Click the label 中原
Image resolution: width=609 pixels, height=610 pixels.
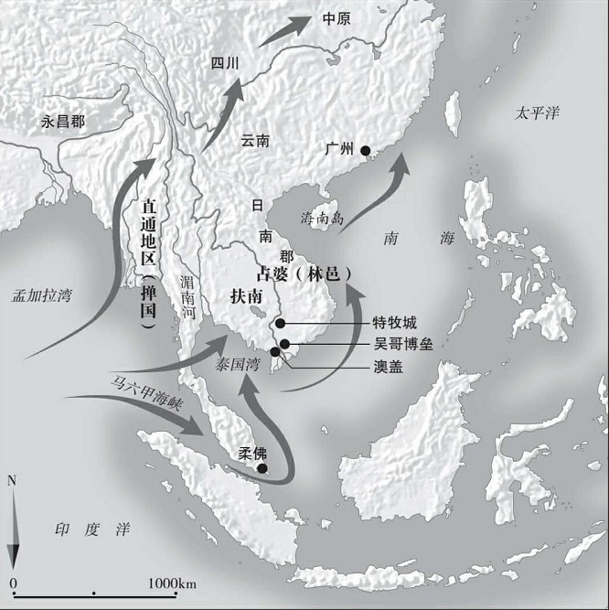click(x=337, y=18)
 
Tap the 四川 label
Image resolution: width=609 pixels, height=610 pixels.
click(x=224, y=64)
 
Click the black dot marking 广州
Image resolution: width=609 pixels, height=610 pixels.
click(x=366, y=151)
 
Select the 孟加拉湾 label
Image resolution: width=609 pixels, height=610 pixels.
click(x=42, y=295)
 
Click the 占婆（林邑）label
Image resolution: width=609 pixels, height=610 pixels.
click(x=305, y=273)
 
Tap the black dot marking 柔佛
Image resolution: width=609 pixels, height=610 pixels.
click(x=262, y=469)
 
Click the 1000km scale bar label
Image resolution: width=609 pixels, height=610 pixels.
click(x=173, y=583)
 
